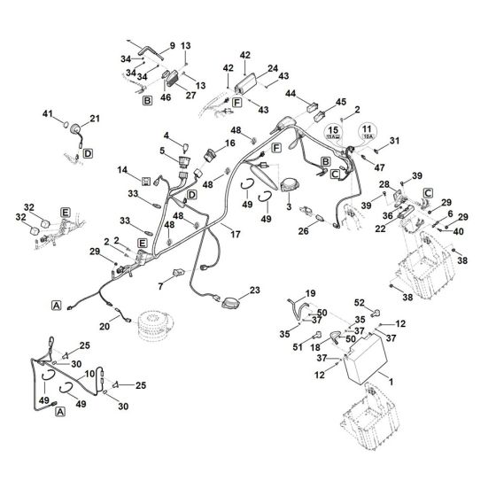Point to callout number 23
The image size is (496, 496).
[x=254, y=290]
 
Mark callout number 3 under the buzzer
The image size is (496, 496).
[x=289, y=205]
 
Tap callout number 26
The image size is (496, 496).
[x=304, y=232]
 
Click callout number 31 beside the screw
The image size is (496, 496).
[x=395, y=141]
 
